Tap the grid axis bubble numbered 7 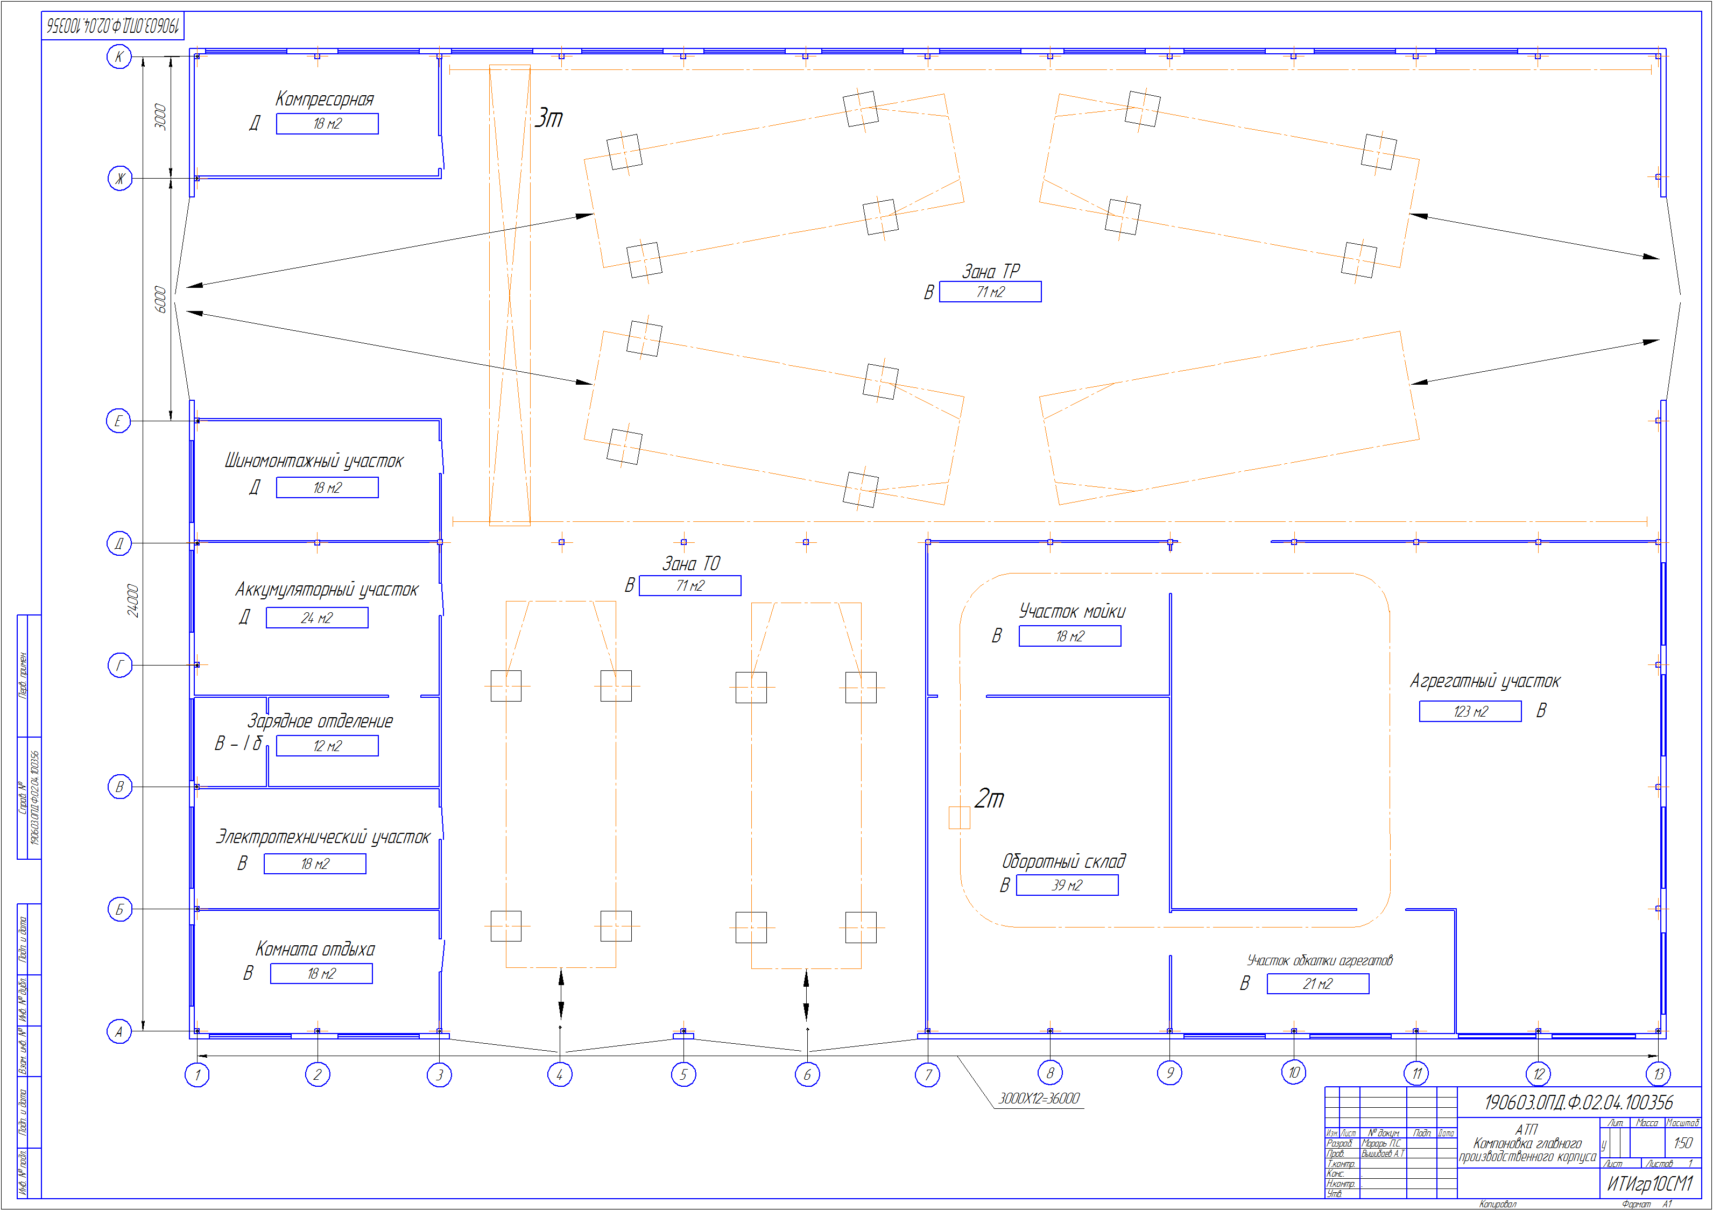[x=927, y=1075]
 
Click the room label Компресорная [x=325, y=99]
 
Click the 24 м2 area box [x=317, y=618]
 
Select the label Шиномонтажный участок [x=314, y=461]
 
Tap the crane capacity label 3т [x=549, y=118]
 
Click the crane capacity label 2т [x=989, y=798]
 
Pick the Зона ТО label [x=692, y=564]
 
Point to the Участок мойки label [x=1072, y=612]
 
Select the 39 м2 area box [x=1067, y=886]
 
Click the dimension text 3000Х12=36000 [x=1039, y=1098]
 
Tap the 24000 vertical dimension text [x=133, y=600]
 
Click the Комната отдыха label [x=315, y=949]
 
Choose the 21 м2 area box [x=1317, y=984]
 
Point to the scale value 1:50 [x=1682, y=1143]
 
